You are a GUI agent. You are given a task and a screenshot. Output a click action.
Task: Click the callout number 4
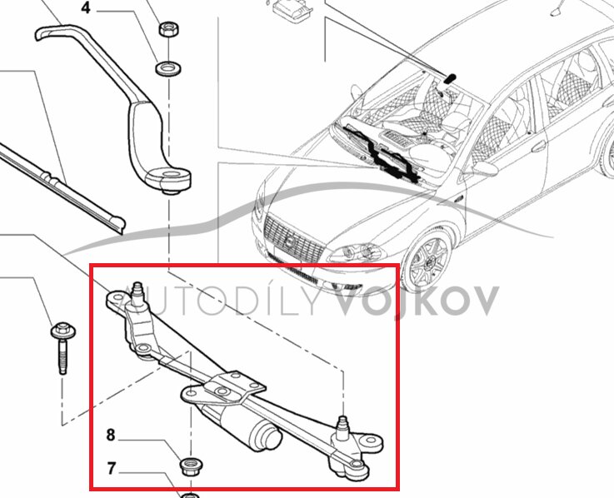(86, 7)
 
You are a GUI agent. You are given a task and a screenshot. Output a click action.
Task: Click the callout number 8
(111, 435)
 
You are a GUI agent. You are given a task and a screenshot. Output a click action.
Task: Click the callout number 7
(112, 468)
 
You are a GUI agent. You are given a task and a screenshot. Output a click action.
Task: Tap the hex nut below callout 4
(169, 29)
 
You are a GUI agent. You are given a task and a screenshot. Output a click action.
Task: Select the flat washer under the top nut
(168, 69)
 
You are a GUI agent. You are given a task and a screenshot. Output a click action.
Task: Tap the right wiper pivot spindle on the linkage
(343, 426)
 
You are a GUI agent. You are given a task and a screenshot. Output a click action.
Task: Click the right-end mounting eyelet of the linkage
(369, 441)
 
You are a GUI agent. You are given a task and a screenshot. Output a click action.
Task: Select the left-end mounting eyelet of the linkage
(117, 299)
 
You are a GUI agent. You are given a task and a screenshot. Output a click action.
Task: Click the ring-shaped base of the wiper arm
(168, 179)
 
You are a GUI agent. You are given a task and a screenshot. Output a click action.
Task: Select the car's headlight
(357, 253)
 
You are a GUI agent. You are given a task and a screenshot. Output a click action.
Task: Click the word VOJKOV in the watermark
(417, 301)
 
